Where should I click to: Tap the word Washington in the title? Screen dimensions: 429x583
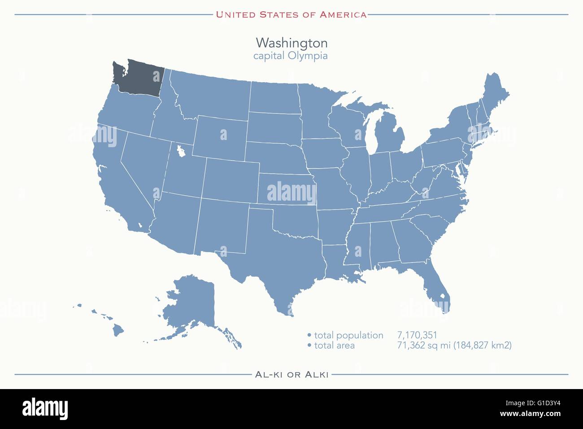click(x=291, y=43)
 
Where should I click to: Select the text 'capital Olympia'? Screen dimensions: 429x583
click(x=290, y=56)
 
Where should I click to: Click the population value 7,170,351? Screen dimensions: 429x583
click(x=417, y=335)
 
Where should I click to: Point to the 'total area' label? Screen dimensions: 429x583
click(x=334, y=346)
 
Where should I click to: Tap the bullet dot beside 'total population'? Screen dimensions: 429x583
click(x=309, y=335)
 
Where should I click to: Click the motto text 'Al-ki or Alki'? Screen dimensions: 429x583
click(x=291, y=374)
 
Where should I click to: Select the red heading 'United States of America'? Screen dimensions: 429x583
click(x=291, y=14)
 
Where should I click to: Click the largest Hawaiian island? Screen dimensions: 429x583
click(x=118, y=331)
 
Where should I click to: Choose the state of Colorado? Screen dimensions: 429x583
click(x=231, y=179)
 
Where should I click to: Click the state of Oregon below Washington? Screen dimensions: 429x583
click(x=126, y=112)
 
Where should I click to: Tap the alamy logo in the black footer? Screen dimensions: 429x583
click(x=45, y=409)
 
